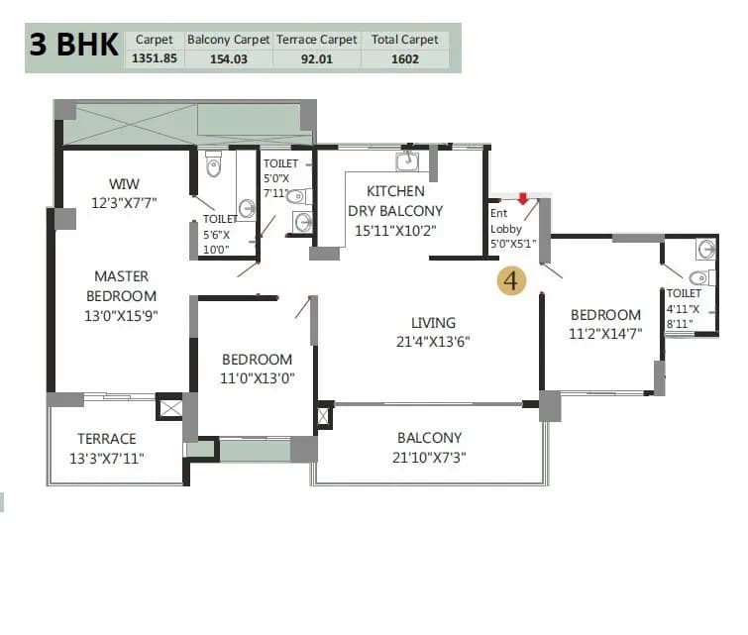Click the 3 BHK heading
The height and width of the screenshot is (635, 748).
74,46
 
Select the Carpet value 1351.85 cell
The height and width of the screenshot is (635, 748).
154,58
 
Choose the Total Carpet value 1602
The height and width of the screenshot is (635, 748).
404,58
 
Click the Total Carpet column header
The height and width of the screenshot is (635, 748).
404,40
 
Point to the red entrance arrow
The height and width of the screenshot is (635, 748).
522,199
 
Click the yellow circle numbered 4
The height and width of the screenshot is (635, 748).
512,280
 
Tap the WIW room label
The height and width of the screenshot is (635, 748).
125,183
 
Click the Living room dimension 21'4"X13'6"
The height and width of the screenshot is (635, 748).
434,342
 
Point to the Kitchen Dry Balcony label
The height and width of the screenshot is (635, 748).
395,200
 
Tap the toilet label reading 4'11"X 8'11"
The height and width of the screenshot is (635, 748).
684,308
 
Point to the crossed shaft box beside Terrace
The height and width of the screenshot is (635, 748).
169,407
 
